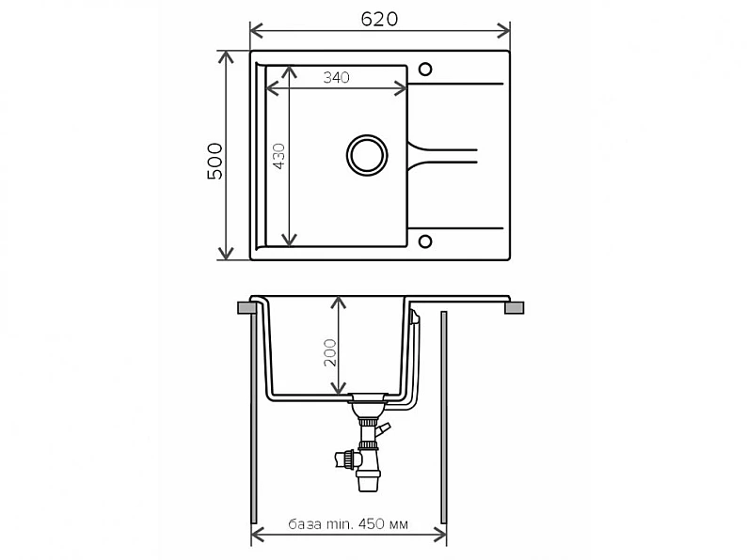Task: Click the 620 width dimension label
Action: pos(379,19)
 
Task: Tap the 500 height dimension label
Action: pos(215,161)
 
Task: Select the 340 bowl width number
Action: pos(337,77)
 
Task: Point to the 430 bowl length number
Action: pos(278,156)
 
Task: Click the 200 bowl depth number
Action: pos(329,352)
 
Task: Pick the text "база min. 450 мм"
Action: pos(348,524)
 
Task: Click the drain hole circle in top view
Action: pos(367,155)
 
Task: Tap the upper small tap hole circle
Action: pos(425,70)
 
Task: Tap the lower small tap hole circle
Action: pos(425,241)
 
